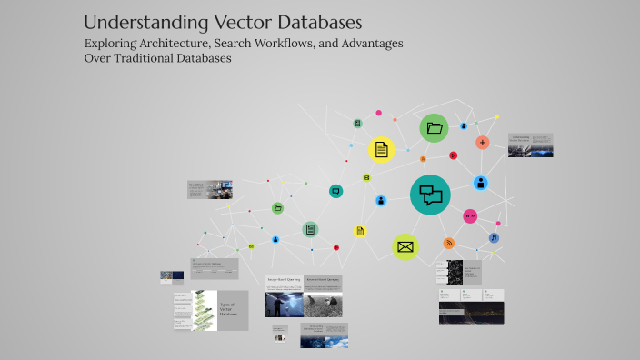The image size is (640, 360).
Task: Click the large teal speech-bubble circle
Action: [430, 195]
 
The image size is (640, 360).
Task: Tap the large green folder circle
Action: [434, 128]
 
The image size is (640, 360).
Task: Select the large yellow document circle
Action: [382, 149]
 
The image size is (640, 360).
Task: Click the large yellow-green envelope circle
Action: [405, 246]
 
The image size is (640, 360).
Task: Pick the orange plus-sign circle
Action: [483, 143]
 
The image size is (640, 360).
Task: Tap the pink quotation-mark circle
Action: [470, 216]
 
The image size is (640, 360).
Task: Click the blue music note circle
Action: [494, 238]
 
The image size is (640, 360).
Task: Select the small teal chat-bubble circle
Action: [335, 191]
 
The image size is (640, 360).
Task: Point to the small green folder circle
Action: [278, 207]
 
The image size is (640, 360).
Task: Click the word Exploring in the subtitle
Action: [115, 43]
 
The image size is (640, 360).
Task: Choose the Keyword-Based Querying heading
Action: [323, 281]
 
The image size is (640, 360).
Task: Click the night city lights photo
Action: [471, 315]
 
